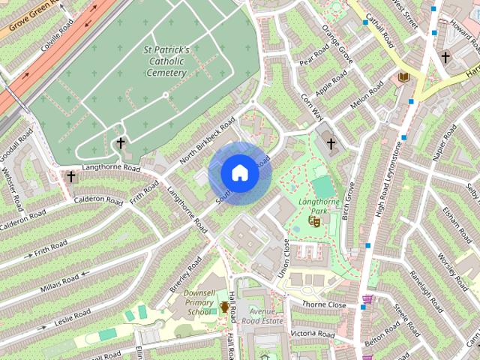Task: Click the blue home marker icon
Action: (x=240, y=173)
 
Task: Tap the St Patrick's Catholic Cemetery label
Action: (x=165, y=61)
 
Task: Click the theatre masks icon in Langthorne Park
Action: (x=316, y=221)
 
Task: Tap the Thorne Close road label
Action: (x=324, y=305)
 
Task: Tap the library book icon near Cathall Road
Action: (x=403, y=77)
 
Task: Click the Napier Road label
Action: (x=443, y=143)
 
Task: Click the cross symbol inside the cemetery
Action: (x=120, y=142)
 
